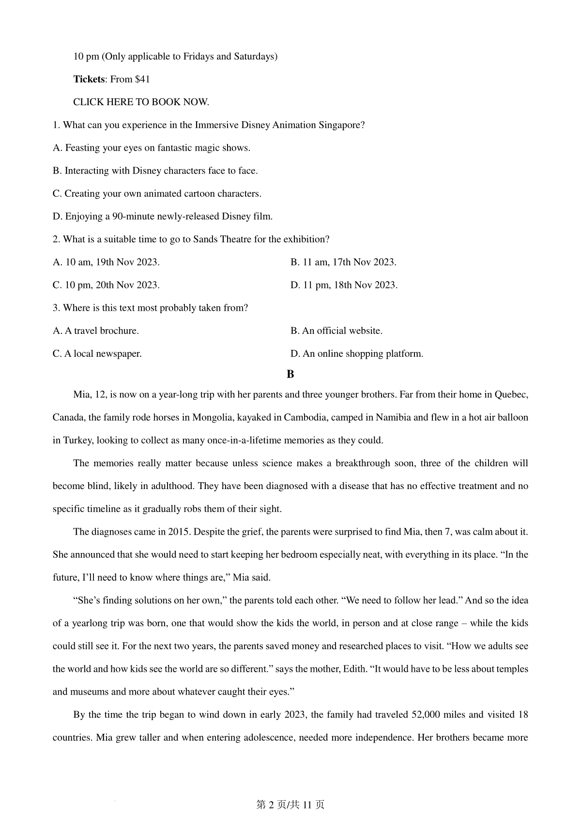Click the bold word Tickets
[89, 79]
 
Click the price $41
[142, 79]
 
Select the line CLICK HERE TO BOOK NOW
[141, 102]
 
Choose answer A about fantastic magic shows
[152, 148]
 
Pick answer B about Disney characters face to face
[155, 171]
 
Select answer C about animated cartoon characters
[157, 193]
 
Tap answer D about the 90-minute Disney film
[163, 216]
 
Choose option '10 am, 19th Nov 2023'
[106, 262]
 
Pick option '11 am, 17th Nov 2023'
[343, 262]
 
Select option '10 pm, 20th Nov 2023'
[106, 285]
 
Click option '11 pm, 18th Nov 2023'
[344, 285]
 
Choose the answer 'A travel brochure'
[95, 331]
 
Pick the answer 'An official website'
[336, 331]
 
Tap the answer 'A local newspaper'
[97, 353]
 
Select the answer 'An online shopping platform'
[356, 353]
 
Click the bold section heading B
[290, 374]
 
